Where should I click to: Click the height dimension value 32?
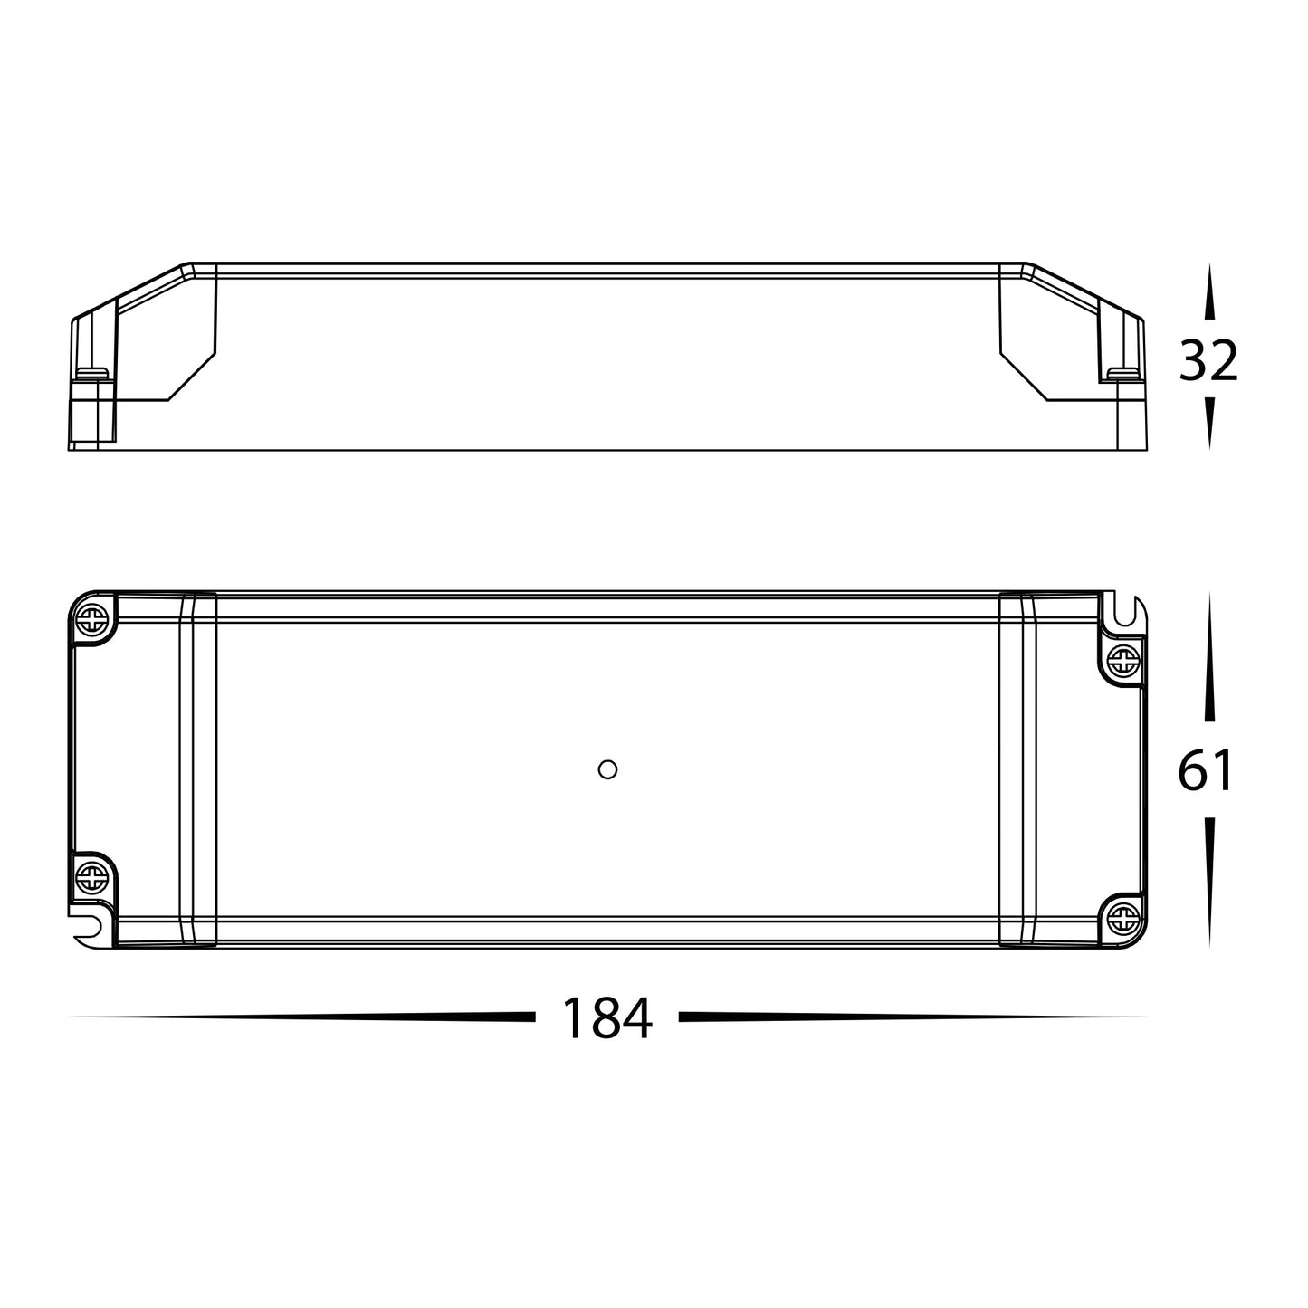pyautogui.click(x=1208, y=362)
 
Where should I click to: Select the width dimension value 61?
pyautogui.click(x=1206, y=772)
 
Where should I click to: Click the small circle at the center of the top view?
pyautogui.click(x=608, y=769)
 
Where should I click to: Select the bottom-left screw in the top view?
pyautogui.click(x=93, y=876)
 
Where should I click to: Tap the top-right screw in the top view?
pyautogui.click(x=1122, y=663)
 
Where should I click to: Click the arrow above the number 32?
pyautogui.click(x=1208, y=299)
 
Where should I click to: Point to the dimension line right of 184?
pyautogui.click(x=910, y=1017)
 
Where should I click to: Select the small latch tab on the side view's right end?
pyautogui.click(x=1123, y=372)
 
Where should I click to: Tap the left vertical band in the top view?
pyautogui.click(x=198, y=769)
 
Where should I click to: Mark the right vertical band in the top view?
pyautogui.click(x=1017, y=769)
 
